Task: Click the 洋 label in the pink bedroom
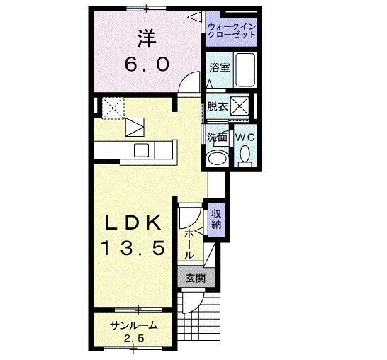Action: click(x=147, y=39)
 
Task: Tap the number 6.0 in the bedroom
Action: click(x=147, y=64)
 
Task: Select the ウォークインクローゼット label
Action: click(x=232, y=30)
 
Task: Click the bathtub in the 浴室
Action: click(x=245, y=70)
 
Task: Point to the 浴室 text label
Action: click(x=220, y=67)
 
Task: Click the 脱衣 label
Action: click(x=217, y=106)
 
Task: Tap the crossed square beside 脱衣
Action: click(x=240, y=106)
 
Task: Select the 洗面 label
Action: click(x=217, y=137)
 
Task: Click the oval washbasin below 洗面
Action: click(x=217, y=157)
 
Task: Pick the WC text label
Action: click(x=245, y=137)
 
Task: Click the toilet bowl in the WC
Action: click(x=245, y=154)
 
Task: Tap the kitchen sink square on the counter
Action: click(x=142, y=150)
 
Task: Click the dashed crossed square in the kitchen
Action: click(x=113, y=108)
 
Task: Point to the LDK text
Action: click(x=133, y=223)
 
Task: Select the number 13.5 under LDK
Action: click(x=133, y=249)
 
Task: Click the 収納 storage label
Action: click(x=216, y=220)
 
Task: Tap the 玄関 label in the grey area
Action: click(x=196, y=279)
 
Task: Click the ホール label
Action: click(x=189, y=244)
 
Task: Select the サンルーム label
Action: click(x=133, y=326)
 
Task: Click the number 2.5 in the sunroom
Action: click(x=134, y=339)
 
